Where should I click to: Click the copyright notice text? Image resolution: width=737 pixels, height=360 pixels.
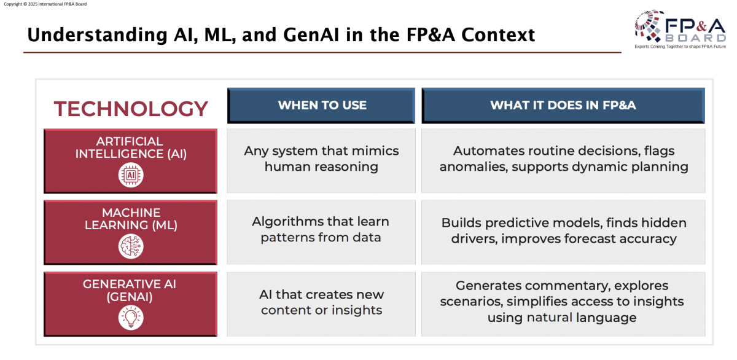[45, 4]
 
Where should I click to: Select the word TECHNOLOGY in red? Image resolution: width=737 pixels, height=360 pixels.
[131, 109]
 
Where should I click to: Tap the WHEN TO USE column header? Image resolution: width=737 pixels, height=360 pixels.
[322, 105]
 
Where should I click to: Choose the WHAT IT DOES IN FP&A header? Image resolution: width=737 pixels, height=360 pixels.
[563, 105]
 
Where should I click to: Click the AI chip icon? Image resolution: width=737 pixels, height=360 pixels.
[131, 176]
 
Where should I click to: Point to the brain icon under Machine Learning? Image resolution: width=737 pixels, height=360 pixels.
[131, 246]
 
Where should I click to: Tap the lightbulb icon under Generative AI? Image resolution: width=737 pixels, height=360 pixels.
[131, 318]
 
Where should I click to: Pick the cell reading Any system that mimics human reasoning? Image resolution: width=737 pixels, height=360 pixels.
[321, 158]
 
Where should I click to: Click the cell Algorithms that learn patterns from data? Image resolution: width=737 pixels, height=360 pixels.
[321, 229]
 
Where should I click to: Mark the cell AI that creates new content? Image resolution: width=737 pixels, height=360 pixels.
[321, 302]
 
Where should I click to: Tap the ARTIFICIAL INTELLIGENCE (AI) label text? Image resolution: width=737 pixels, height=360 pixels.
[131, 148]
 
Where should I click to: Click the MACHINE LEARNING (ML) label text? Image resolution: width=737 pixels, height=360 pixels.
[131, 219]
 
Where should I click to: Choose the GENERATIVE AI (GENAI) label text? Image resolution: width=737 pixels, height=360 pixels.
[131, 290]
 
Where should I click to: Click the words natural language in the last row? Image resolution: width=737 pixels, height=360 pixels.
[581, 318]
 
